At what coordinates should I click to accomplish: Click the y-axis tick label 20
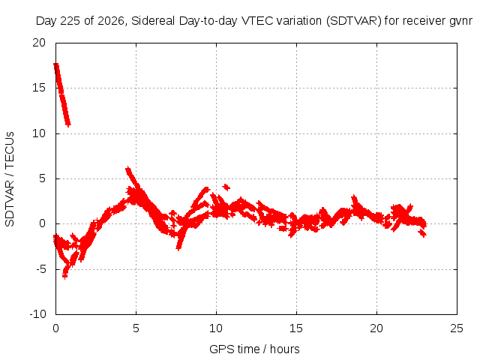tap(39, 43)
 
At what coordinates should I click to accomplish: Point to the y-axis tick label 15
tap(39, 88)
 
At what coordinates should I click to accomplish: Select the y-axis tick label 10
tap(39, 133)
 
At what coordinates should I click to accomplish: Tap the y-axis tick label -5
tap(40, 269)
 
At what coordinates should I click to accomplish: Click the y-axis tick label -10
tap(37, 314)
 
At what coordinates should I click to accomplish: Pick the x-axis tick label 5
tap(136, 328)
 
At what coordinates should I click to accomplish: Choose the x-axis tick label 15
tap(296, 328)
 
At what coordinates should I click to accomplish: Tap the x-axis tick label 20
tap(376, 328)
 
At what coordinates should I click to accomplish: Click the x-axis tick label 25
tap(457, 328)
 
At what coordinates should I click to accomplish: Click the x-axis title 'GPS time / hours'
tap(254, 349)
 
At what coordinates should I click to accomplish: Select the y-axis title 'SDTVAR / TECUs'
tap(10, 179)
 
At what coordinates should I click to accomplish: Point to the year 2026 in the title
tap(111, 21)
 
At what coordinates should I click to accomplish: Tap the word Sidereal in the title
tap(153, 21)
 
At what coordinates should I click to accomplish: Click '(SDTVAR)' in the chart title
tap(353, 21)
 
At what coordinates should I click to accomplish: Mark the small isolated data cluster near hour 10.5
tap(226, 187)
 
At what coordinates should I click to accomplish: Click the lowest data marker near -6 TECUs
tap(64, 276)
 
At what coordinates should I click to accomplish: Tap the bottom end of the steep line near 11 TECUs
tap(68, 124)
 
